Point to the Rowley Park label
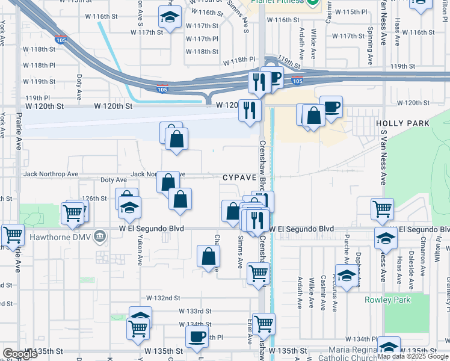point(387,299)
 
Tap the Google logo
point(20,354)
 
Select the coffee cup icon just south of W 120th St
point(331,107)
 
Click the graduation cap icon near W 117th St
point(170,17)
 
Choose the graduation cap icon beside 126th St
point(129,208)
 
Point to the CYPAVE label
point(239,178)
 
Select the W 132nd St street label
point(163,298)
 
